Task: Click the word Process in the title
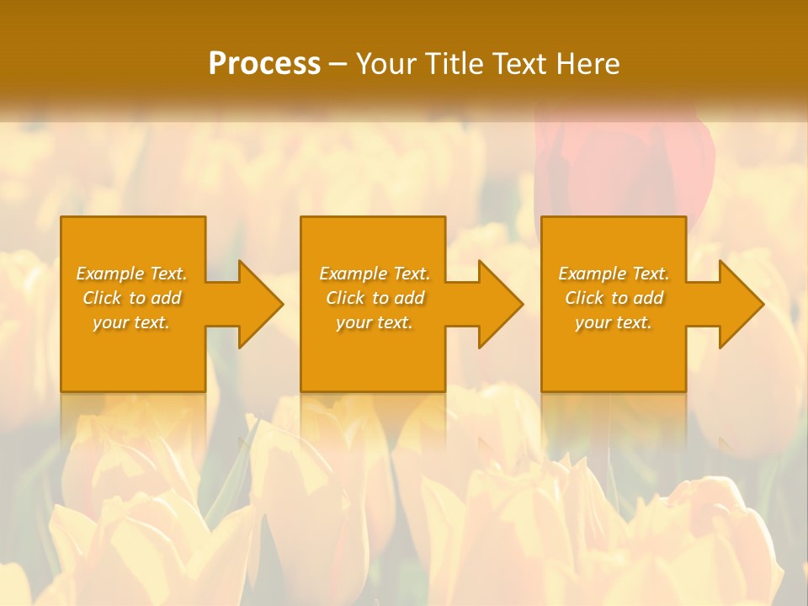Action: tap(264, 64)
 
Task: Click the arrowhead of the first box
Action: tap(259, 304)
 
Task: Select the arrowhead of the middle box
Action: tap(499, 304)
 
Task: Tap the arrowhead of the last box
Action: tap(740, 304)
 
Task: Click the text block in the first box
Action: tap(132, 298)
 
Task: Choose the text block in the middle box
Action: tap(375, 298)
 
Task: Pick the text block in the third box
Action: tap(614, 298)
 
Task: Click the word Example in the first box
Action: tap(110, 274)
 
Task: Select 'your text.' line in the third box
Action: tap(614, 322)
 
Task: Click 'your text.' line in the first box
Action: tap(132, 322)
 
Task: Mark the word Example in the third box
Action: tap(593, 274)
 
